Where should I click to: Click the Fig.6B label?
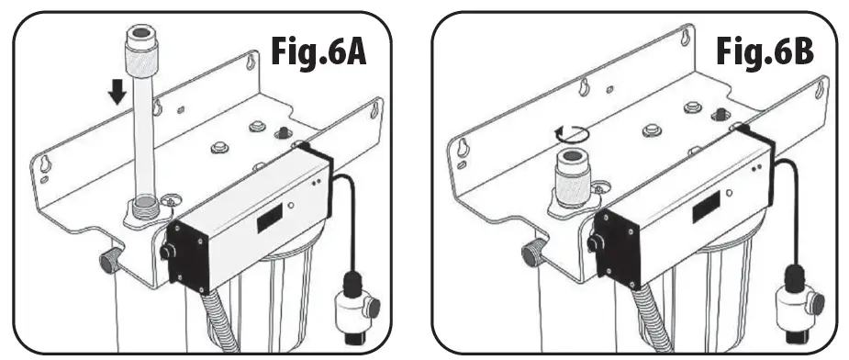point(765,52)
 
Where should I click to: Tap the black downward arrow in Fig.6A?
point(117,92)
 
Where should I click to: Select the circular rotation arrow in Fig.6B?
point(572,133)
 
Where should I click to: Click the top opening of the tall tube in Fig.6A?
point(142,33)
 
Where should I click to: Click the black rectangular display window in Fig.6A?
point(270,218)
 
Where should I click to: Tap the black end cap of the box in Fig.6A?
point(187,256)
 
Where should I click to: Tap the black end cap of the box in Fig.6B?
point(617,248)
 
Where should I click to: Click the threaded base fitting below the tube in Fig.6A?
point(143,209)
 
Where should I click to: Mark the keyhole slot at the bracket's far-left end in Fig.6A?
point(47,163)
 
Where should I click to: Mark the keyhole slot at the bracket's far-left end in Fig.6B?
point(463,146)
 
